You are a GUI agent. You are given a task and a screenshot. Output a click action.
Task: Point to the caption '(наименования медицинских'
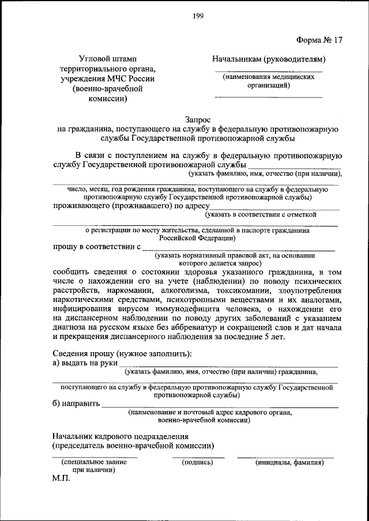pyautogui.click(x=269, y=77)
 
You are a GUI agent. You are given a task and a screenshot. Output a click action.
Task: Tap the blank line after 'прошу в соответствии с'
pyautogui.click(x=238, y=248)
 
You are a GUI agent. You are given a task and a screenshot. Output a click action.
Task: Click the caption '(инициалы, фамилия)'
pyautogui.click(x=285, y=462)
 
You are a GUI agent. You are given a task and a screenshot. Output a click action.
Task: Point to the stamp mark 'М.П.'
pyautogui.click(x=60, y=479)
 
